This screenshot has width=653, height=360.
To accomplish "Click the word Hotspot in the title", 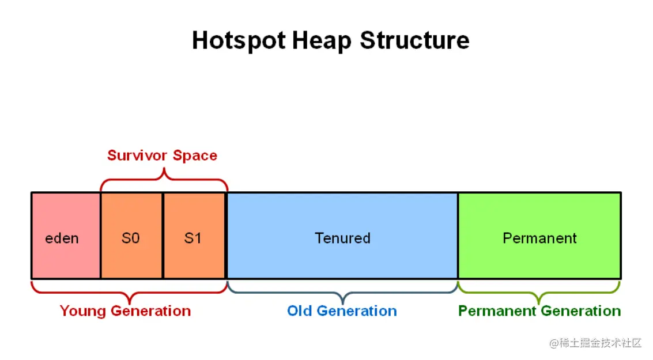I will (239, 41).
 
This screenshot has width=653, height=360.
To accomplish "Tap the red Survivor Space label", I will (162, 156).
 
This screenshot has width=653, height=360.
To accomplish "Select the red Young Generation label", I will (125, 311).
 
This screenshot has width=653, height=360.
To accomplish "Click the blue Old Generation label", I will (342, 311).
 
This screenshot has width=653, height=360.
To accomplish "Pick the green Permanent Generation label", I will (539, 311).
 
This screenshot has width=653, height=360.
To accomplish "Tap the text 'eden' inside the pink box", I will (62, 238).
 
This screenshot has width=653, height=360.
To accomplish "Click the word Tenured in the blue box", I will (342, 238).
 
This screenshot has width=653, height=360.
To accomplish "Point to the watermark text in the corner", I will (595, 343).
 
